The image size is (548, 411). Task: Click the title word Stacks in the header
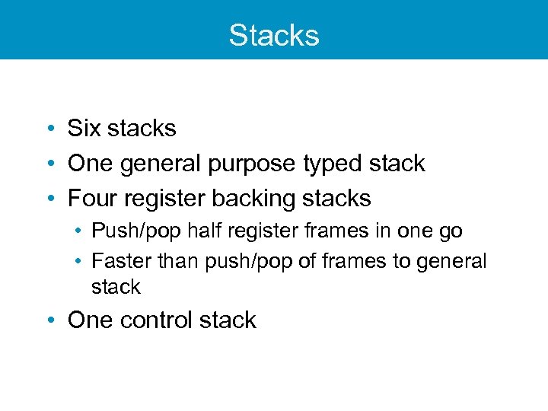click(274, 35)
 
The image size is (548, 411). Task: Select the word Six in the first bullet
click(84, 129)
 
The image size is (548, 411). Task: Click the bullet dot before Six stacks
click(49, 129)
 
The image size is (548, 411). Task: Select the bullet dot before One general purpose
click(49, 164)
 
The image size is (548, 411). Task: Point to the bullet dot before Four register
click(49, 199)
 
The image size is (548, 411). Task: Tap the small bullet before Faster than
click(80, 262)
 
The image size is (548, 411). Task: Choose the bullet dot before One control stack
click(49, 321)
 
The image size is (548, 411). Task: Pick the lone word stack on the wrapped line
click(116, 287)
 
